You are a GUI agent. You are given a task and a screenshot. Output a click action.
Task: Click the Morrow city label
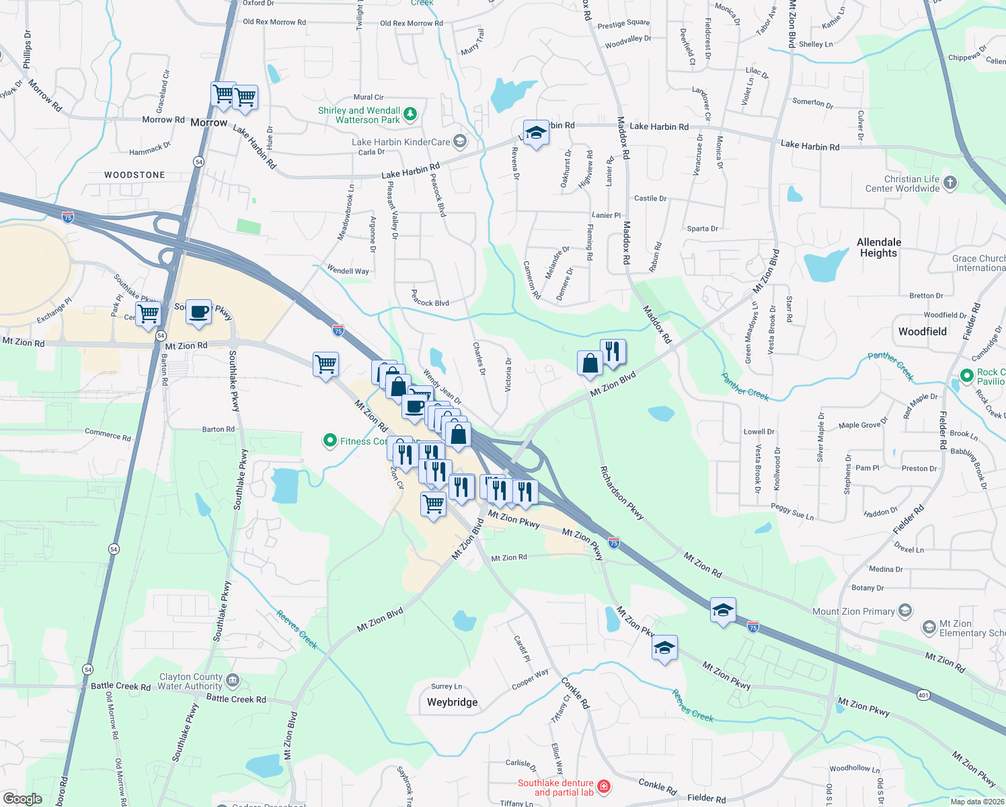click(208, 122)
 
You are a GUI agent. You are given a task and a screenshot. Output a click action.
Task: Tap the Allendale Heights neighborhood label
click(879, 247)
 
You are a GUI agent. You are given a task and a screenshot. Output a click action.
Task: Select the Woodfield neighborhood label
click(922, 332)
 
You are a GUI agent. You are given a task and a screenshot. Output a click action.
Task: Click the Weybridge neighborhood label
click(452, 702)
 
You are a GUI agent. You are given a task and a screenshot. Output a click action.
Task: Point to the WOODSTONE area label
click(134, 175)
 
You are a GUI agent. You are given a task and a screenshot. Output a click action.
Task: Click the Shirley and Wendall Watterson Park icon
click(410, 114)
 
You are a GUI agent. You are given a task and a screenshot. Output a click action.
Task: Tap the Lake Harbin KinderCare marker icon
click(460, 141)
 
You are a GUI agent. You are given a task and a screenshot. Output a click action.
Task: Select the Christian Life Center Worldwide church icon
click(950, 182)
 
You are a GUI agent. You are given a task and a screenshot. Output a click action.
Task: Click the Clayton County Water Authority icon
click(233, 681)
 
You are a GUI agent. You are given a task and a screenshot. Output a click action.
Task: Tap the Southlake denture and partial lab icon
click(603, 786)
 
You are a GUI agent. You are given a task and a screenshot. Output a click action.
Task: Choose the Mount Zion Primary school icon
click(905, 611)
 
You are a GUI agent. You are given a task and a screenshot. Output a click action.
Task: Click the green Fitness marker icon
click(330, 440)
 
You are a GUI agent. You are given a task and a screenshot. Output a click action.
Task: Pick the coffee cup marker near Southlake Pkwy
click(198, 312)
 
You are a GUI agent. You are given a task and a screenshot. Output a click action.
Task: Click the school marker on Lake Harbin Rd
click(536, 132)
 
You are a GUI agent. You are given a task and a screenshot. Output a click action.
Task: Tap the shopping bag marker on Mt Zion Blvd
click(590, 364)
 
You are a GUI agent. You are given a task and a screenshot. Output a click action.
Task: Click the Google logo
click(22, 799)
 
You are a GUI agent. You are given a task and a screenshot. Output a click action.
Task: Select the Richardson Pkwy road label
click(621, 494)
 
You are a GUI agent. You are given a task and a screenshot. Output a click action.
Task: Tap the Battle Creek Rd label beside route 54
click(121, 686)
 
